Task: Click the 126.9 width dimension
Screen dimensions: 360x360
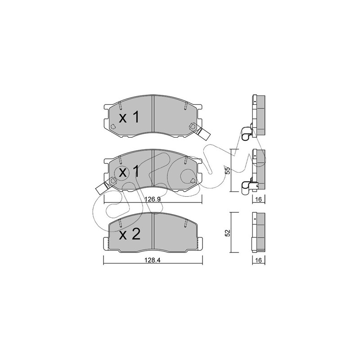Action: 152,199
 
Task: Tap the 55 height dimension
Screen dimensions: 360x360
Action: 227,171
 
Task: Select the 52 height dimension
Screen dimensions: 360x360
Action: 227,233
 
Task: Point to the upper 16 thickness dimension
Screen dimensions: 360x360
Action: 258,199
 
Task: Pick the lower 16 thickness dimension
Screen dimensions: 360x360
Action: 258,260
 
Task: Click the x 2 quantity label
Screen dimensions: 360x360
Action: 130,234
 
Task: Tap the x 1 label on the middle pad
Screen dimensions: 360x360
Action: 129,172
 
